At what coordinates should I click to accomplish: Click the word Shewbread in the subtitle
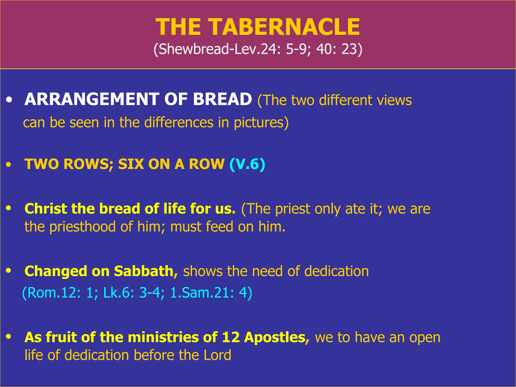(x=193, y=49)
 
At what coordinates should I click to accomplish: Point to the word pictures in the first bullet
(x=261, y=122)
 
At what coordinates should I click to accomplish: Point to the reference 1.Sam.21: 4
(x=211, y=293)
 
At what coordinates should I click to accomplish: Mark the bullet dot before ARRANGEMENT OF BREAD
(x=9, y=100)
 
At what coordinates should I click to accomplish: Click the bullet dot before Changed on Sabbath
(x=9, y=271)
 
